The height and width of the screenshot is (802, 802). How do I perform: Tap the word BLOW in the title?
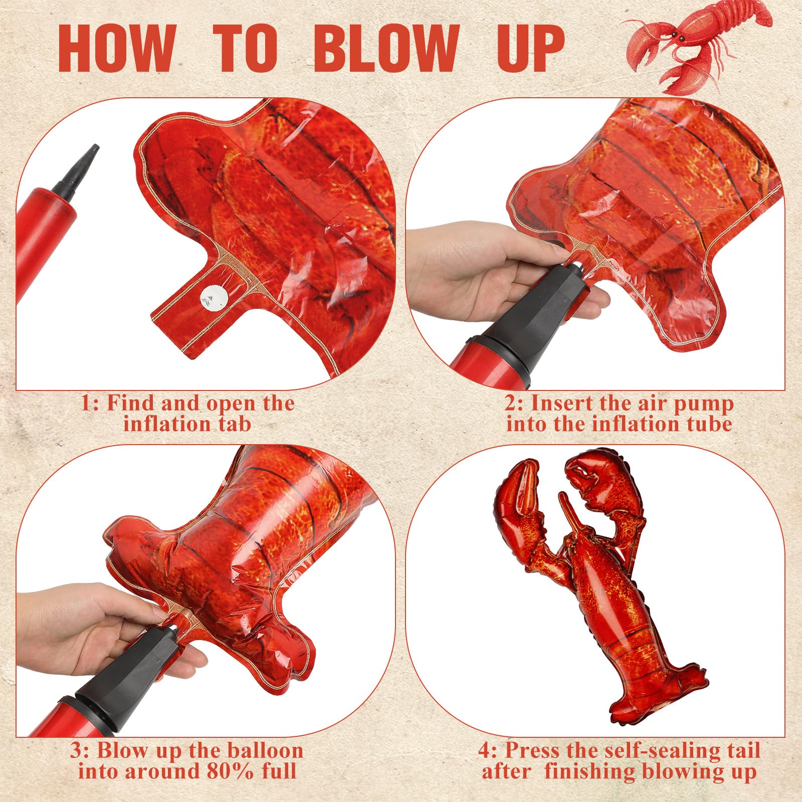387,48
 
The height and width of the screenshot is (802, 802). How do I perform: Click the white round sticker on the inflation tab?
212,299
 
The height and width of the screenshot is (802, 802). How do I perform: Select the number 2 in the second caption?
511,404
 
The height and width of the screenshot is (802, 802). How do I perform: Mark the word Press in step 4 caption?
523,750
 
